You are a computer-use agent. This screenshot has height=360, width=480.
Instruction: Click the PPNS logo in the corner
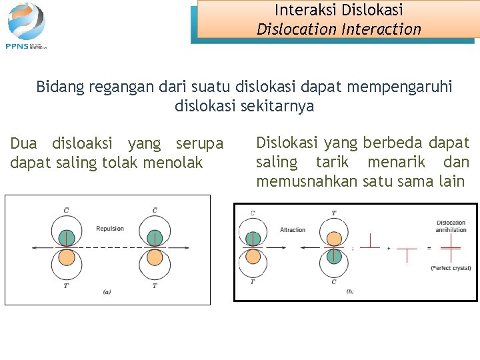coord(27,26)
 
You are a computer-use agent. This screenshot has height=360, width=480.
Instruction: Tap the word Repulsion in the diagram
coord(110,229)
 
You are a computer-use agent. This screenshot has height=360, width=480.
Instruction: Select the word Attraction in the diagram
coord(293,230)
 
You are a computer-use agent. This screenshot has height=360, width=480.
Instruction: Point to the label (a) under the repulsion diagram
coord(107,291)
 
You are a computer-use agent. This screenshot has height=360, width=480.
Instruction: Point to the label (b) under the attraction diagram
coord(351,291)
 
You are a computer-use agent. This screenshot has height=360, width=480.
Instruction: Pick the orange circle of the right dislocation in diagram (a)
coord(155,257)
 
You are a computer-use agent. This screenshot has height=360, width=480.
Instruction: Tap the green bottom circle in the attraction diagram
coord(334,256)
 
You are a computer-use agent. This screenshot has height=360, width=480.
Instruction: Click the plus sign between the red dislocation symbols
coord(389,248)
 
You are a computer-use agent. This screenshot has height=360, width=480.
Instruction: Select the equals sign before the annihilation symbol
coord(429,248)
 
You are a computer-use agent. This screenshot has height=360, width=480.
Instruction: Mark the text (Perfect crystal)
coord(451,267)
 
